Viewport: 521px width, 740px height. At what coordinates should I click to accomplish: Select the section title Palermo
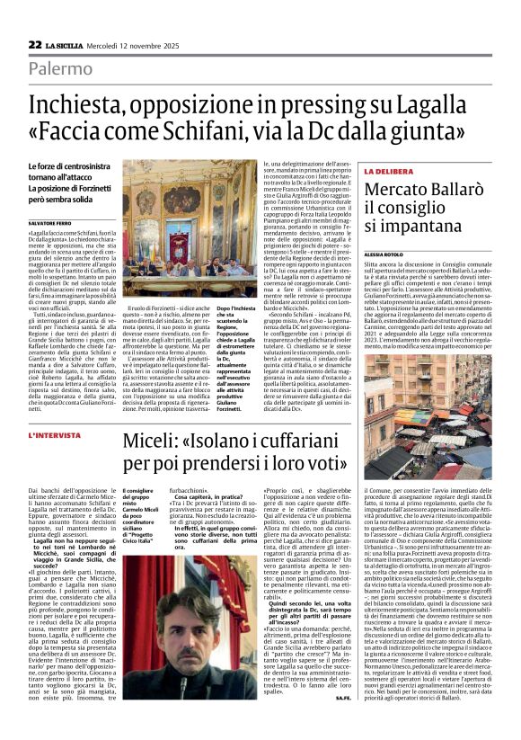59,68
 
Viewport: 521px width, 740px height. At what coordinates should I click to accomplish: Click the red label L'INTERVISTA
56,435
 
